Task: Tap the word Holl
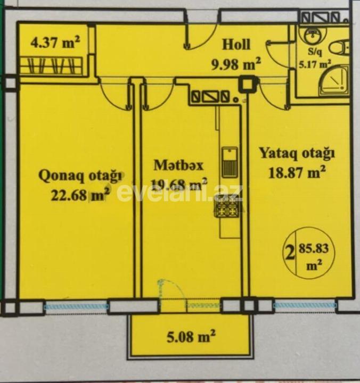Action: coord(236,45)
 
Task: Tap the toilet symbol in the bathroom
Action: coord(339,47)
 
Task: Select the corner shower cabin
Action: coord(334,81)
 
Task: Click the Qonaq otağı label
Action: coord(81,175)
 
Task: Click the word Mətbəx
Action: coord(177,165)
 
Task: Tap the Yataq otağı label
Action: coord(297,154)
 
